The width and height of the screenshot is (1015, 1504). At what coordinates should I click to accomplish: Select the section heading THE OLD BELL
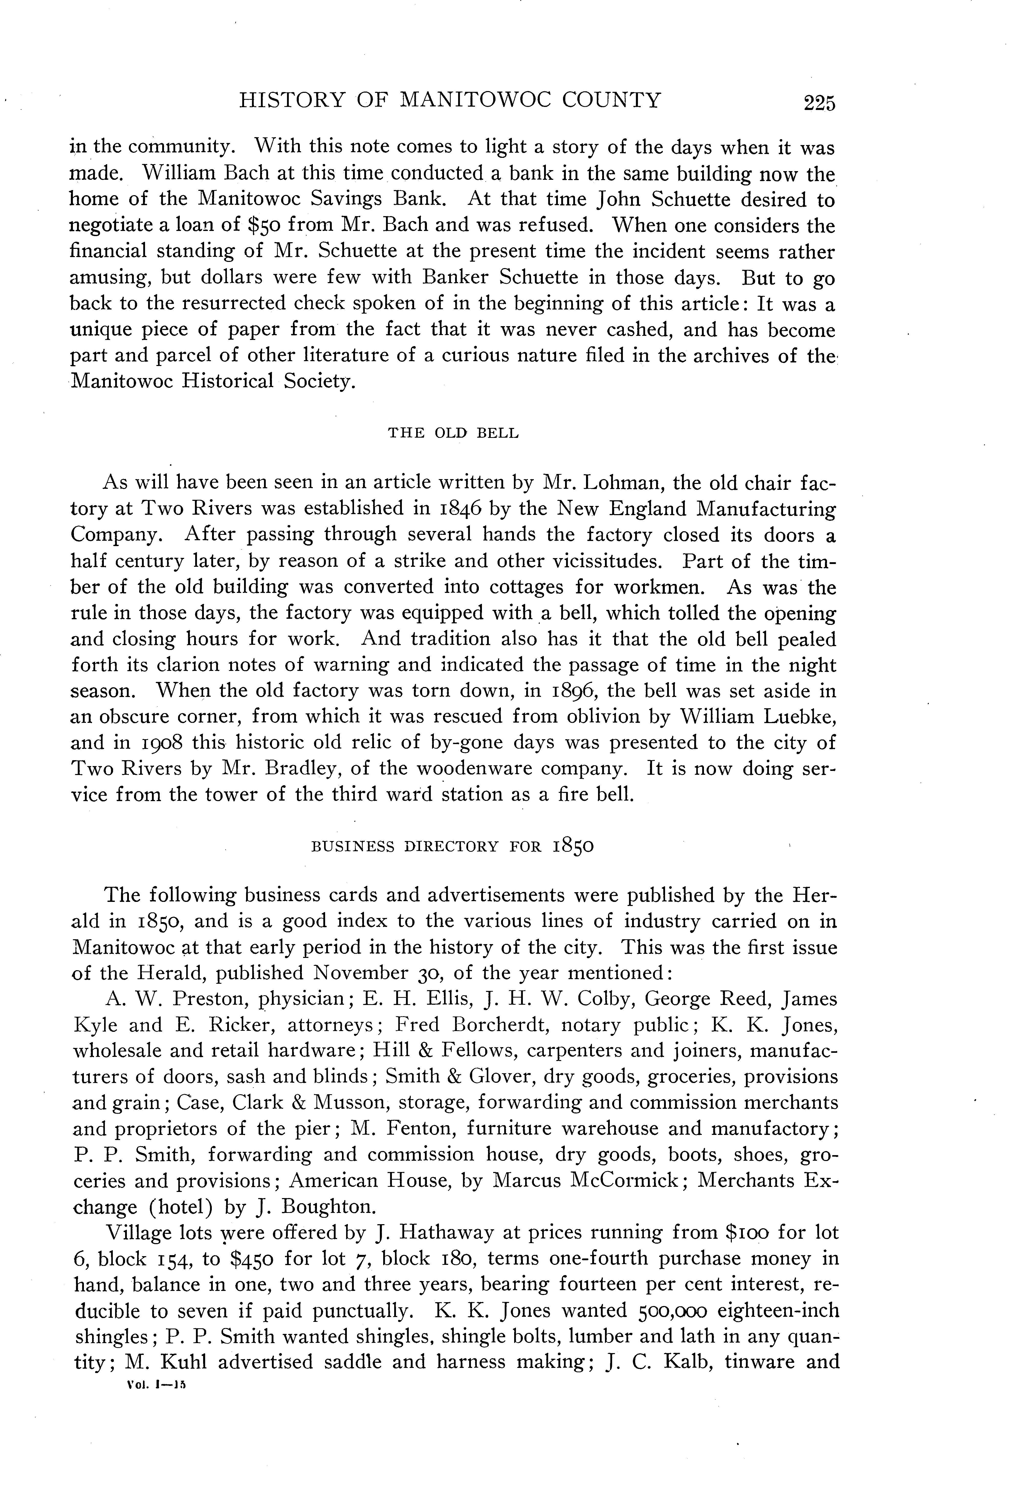pyautogui.click(x=453, y=433)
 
